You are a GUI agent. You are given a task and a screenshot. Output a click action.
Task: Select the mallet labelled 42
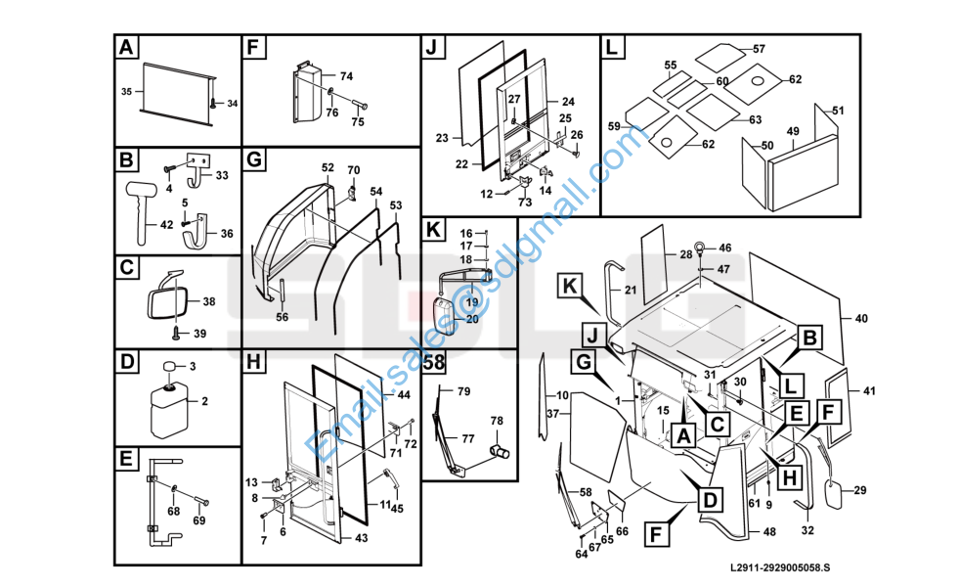141,208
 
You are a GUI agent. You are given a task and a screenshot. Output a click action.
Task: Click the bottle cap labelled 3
169,367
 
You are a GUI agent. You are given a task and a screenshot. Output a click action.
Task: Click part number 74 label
346,76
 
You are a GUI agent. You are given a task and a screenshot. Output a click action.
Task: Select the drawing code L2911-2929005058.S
779,568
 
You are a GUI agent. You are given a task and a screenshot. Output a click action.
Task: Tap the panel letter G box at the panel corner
253,158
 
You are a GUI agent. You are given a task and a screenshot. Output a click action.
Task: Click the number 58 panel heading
434,362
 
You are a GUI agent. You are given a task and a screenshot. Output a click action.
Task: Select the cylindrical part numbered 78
500,452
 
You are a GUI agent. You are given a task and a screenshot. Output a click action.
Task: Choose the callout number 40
861,319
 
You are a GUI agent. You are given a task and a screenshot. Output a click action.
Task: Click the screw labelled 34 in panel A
213,103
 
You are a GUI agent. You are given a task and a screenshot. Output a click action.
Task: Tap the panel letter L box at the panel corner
613,47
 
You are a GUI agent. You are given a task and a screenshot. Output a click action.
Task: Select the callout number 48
769,532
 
